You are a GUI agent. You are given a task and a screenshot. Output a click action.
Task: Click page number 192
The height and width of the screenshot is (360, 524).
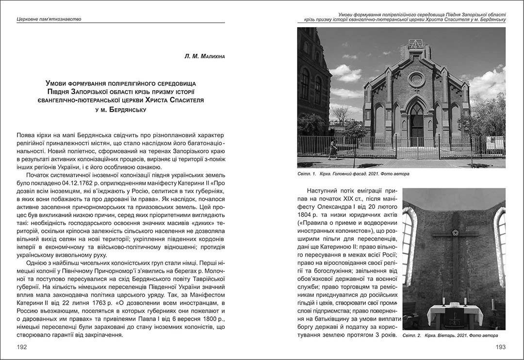point(21,347)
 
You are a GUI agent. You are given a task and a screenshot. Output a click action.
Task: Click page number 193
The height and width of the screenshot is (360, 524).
point(500,347)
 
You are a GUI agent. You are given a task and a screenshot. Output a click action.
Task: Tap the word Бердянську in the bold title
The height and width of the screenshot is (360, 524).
point(128,110)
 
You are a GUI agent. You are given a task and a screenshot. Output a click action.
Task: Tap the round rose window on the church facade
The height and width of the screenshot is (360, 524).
point(416,79)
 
